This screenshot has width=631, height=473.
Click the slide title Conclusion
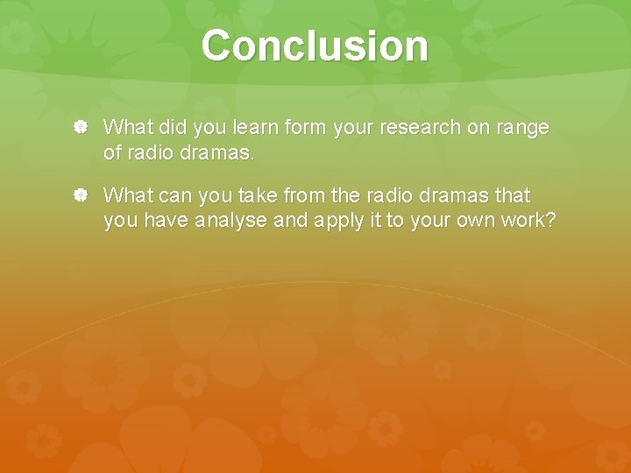315,46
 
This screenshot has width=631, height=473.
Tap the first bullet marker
80,128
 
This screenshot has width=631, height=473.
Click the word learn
255,128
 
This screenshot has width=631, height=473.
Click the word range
523,128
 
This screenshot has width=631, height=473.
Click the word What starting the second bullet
128,194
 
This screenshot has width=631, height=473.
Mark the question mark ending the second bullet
550,221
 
